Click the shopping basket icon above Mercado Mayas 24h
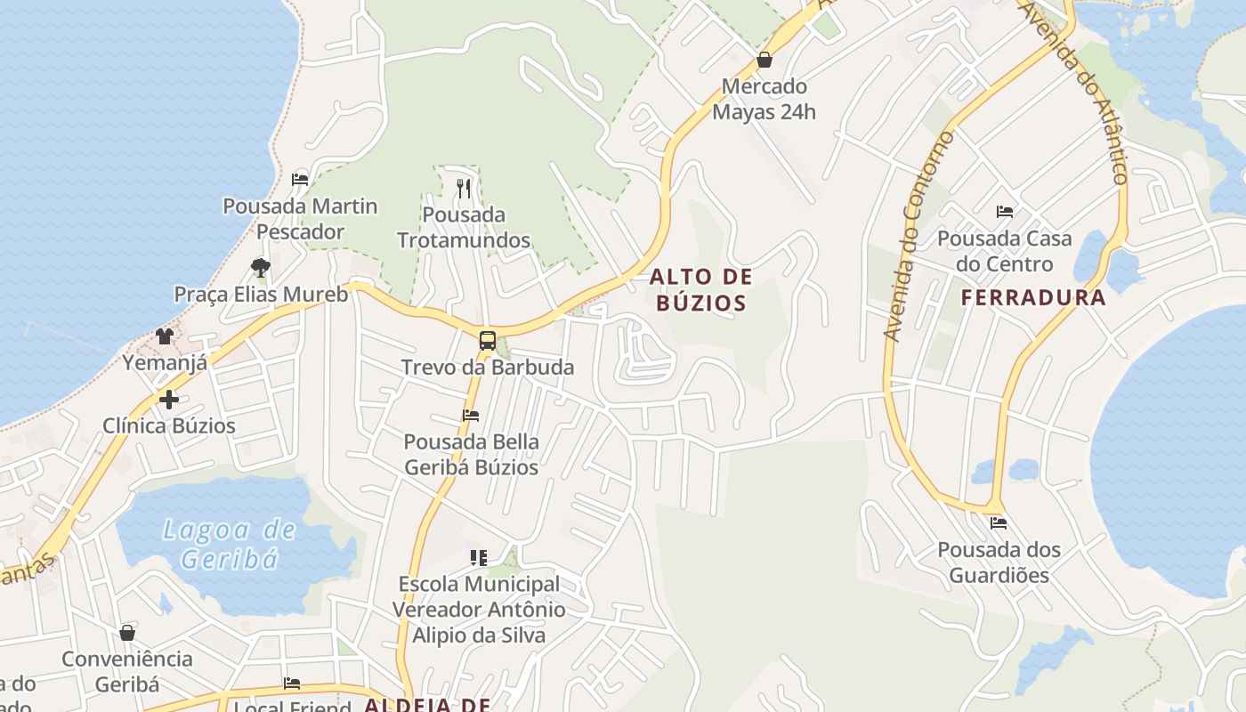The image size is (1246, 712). pos(764,61)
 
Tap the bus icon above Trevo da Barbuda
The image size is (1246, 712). pos(488,340)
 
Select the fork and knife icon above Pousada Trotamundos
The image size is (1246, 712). pos(463,188)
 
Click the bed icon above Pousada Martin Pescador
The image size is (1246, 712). pos(300,179)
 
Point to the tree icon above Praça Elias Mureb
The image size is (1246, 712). pos(260,267)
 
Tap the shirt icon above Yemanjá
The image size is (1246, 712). pos(165,336)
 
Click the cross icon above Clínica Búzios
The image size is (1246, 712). pos(168,399)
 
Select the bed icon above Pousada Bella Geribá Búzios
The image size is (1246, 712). pos(471,415)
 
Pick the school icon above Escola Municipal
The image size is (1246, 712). pos(479,557)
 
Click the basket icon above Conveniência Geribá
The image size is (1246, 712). pos(127,632)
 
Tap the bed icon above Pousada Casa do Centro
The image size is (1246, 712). pos(1005,212)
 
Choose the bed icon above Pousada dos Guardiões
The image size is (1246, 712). pos(999,522)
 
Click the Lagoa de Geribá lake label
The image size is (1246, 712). pos(230,545)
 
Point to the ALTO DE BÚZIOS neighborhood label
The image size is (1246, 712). pos(701,289)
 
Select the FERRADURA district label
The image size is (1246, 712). pos(1033,297)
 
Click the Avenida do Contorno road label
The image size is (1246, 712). pos(918,236)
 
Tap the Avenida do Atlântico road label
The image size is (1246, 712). pos(1074,92)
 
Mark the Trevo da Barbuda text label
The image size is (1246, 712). pos(488,367)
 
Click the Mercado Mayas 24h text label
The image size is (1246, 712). pos(764,100)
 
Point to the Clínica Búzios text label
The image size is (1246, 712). pos(169,425)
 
